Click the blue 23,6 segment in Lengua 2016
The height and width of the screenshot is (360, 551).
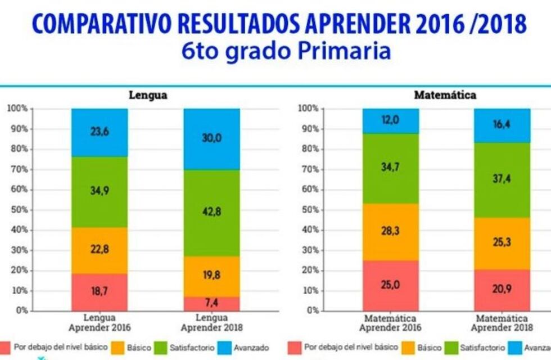100,132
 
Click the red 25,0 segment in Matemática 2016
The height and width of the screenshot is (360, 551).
391,285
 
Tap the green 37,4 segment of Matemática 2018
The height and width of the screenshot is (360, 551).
502,179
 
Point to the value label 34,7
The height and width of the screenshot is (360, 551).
391,167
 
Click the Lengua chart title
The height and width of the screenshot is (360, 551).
148,95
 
